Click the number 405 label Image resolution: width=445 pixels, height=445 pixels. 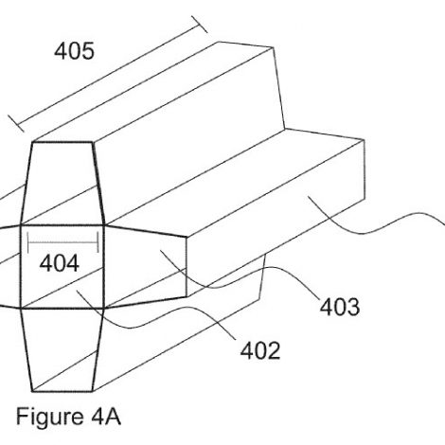coord(74,51)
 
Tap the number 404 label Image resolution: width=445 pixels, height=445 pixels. coord(60,263)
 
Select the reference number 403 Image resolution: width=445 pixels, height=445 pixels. coord(340,307)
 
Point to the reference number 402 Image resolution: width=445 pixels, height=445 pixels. coord(260,351)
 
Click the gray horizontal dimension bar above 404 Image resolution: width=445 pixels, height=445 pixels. coord(63,242)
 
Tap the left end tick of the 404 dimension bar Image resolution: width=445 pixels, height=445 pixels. coord(28,242)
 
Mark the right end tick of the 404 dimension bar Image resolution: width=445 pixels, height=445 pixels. coord(98,242)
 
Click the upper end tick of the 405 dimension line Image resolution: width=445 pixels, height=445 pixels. coord(200,25)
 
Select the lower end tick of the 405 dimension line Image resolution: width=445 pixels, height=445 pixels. coord(16,123)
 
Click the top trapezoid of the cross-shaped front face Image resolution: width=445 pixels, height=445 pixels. coord(62,184)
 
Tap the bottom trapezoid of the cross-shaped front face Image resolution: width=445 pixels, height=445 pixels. coord(62,349)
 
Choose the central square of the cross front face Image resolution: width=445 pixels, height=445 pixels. coord(62,267)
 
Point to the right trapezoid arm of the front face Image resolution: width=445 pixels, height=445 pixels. coord(145,267)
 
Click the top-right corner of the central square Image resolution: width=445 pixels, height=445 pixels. coord(104,225)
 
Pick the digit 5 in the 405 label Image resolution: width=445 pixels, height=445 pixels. coord(88,51)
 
